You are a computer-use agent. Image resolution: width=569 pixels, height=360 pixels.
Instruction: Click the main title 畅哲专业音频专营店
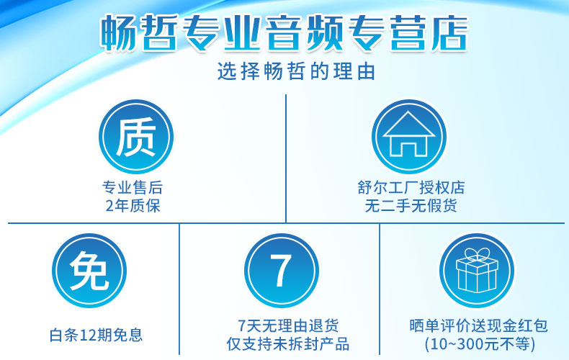[284, 32]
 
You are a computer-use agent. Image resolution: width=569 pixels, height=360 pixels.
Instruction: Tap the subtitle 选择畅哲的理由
[296, 71]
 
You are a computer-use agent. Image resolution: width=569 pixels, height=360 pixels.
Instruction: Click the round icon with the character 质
[136, 137]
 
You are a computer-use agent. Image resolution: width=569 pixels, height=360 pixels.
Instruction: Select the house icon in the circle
[409, 137]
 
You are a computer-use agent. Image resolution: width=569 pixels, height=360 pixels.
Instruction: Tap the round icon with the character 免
[89, 271]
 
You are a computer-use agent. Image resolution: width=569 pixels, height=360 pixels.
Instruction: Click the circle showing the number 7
[282, 271]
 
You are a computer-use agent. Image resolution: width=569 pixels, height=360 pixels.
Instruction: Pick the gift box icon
[477, 271]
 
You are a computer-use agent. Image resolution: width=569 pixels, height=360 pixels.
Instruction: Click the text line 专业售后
[133, 188]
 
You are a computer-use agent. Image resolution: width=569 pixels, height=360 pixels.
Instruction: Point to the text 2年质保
[133, 206]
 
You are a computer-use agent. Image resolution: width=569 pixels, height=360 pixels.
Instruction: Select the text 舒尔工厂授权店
[411, 188]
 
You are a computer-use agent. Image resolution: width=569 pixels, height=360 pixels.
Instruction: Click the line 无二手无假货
[411, 206]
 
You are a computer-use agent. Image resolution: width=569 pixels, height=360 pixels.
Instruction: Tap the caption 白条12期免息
[97, 335]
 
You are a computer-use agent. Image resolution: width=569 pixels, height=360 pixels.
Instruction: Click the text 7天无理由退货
[288, 325]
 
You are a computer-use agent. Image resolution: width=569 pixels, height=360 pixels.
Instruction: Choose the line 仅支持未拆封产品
[288, 343]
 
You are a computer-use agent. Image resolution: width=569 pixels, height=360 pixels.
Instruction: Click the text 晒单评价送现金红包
[478, 325]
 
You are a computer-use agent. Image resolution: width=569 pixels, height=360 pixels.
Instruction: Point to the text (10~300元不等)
[480, 343]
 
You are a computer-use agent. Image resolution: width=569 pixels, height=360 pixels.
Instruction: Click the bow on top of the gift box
[477, 254]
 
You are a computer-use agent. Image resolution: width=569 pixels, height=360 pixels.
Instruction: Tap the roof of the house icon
[409, 124]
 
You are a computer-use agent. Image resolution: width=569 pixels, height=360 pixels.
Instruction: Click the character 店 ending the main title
[449, 32]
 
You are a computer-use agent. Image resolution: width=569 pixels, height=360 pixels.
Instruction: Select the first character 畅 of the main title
[118, 33]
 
